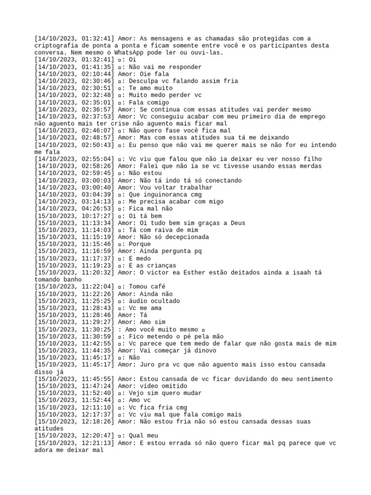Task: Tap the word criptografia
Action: click(56, 45)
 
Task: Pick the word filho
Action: click(312, 159)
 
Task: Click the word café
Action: click(157, 287)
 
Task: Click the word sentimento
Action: click(314, 379)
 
